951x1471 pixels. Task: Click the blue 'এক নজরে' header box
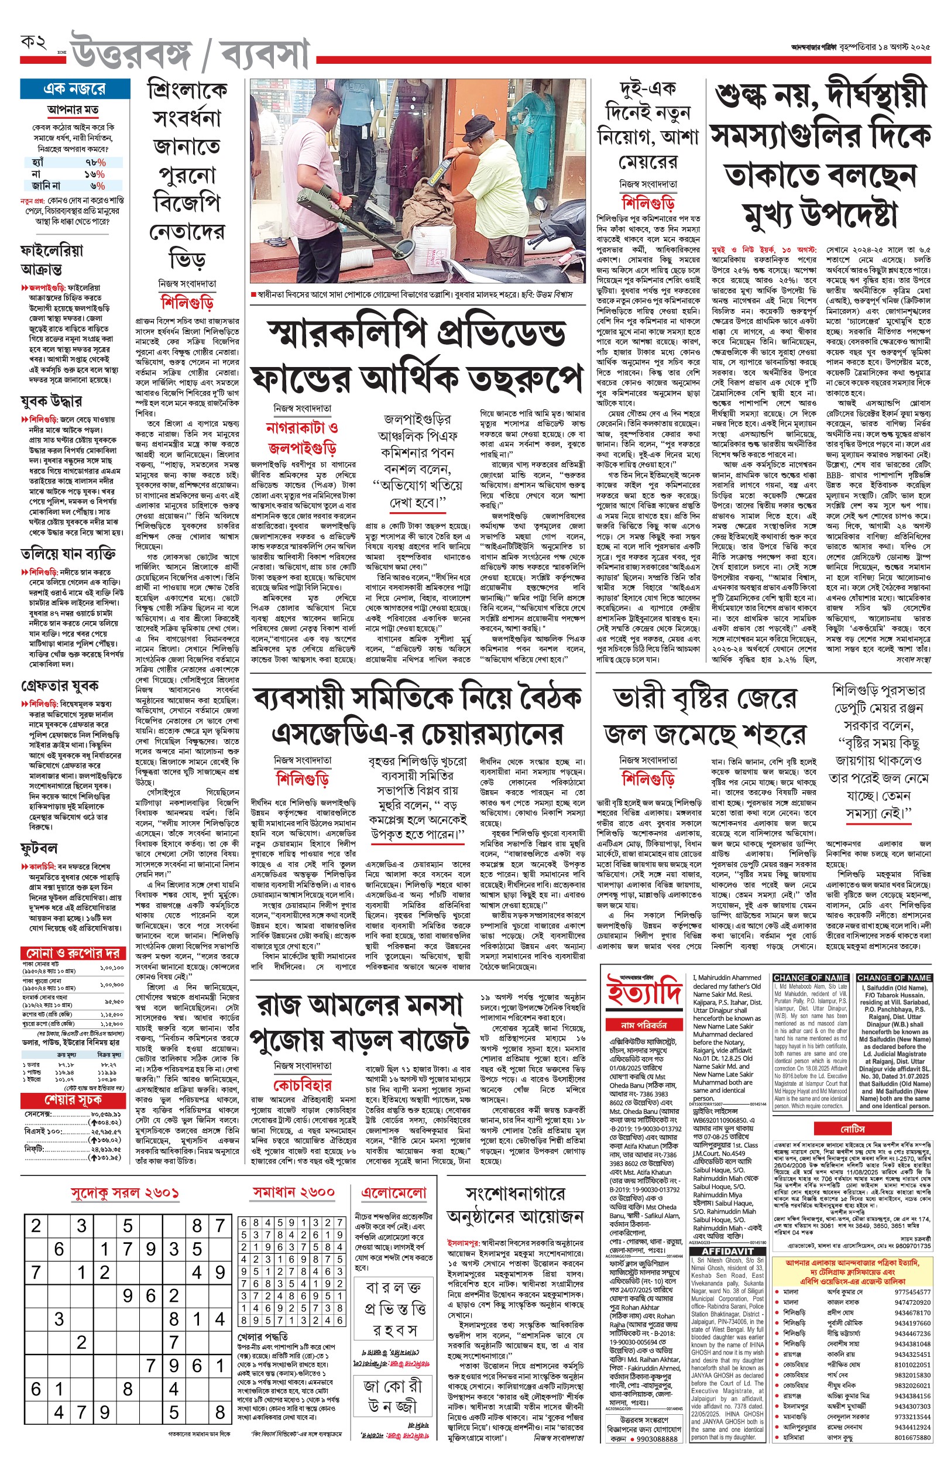tap(74, 89)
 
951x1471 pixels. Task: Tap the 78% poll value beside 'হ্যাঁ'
tap(95, 162)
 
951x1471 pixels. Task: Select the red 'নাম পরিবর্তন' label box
tap(644, 1024)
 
